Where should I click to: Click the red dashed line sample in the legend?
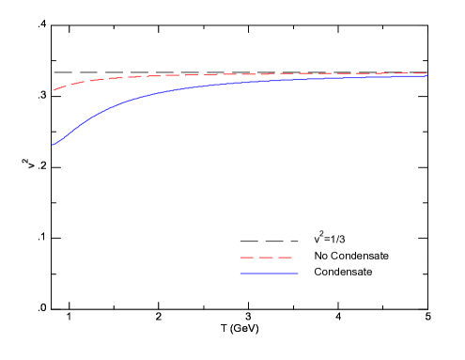point(266,258)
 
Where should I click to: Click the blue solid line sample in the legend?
point(269,274)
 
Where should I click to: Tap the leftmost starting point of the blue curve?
point(53,146)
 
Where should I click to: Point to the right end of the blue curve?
point(427,76)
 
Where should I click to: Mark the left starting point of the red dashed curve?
point(54,90)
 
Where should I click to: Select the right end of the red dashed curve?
point(427,73)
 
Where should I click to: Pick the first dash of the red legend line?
point(246,258)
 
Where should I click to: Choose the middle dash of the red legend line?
point(266,258)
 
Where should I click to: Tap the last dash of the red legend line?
point(285,258)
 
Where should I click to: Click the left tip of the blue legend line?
point(240,274)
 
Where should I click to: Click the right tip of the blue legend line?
point(298,274)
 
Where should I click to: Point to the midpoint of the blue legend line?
point(269,274)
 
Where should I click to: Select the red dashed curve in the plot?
point(235,74)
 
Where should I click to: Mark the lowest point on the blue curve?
point(53,146)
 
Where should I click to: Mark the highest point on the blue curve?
point(427,76)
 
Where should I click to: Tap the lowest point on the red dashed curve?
point(54,90)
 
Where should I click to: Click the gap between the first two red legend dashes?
point(256,258)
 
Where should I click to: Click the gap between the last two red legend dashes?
point(275,258)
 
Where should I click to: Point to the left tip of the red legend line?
point(240,258)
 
